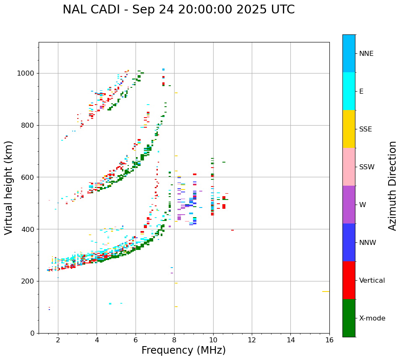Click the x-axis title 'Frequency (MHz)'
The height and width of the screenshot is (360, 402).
[183, 350]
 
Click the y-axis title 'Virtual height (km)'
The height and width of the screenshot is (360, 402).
[9, 188]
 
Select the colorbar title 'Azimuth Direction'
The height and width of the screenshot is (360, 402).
[392, 186]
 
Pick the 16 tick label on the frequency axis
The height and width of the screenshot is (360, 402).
[329, 340]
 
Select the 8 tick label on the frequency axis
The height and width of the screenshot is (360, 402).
[174, 340]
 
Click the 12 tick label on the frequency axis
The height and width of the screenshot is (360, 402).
[252, 340]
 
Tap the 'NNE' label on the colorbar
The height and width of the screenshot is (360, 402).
[366, 54]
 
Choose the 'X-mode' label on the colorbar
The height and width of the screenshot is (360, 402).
[372, 318]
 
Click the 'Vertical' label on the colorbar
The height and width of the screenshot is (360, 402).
[372, 281]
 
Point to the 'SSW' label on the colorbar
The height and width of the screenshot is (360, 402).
[367, 167]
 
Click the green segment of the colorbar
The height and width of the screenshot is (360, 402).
[349, 318]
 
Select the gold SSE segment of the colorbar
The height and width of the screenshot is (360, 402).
[349, 129]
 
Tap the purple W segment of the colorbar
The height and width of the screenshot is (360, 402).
[349, 205]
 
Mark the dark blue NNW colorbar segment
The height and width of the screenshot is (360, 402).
[349, 242]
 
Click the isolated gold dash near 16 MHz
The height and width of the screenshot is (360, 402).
[326, 292]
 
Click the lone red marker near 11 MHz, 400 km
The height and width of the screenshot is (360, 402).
[232, 230]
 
